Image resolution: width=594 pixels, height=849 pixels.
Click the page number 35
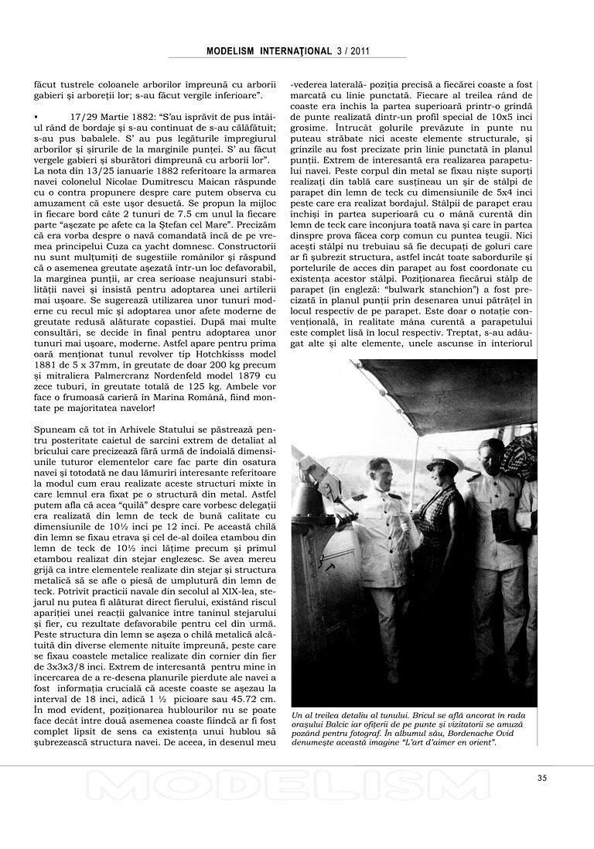[x=541, y=778]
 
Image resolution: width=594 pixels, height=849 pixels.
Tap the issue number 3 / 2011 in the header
[x=352, y=51]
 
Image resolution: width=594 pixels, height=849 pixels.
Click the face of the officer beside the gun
[x=379, y=471]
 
